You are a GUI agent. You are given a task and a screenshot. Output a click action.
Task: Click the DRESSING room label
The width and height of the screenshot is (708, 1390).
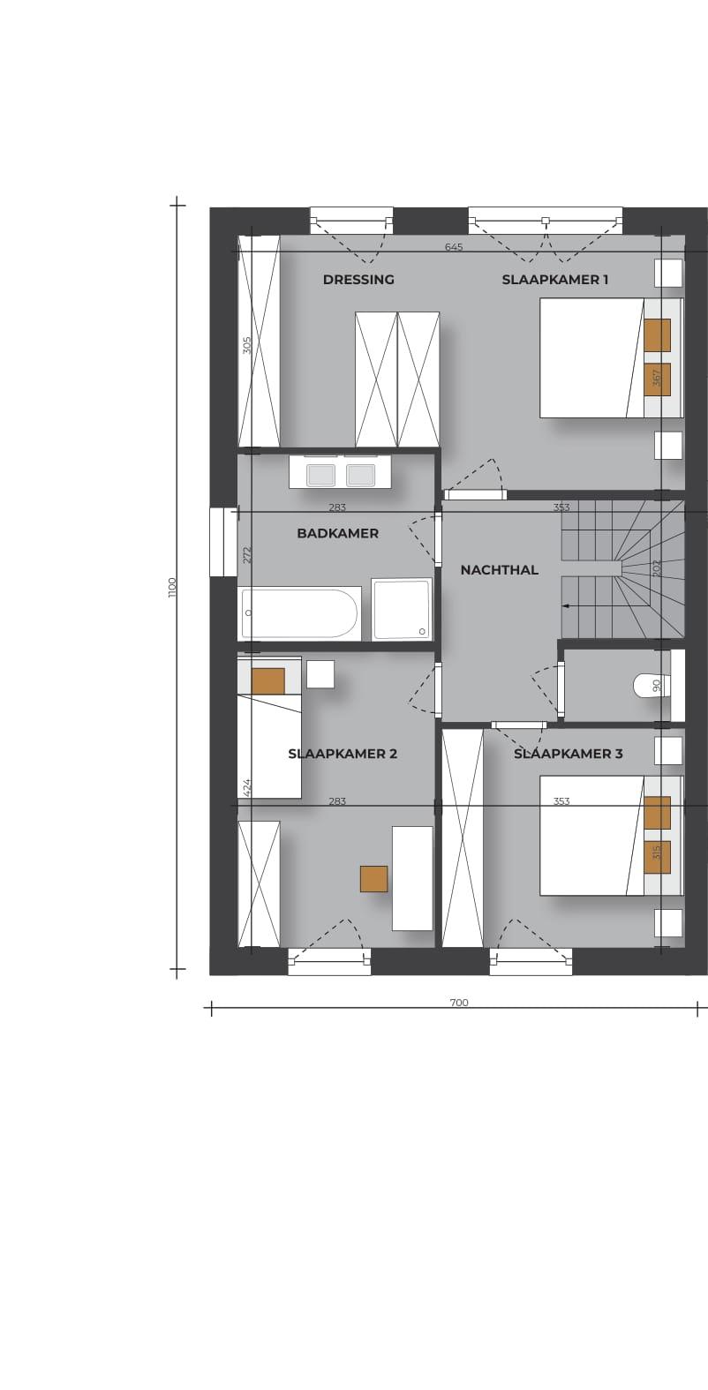click(358, 279)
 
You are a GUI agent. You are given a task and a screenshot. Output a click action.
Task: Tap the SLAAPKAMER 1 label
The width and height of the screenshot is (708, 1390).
click(554, 279)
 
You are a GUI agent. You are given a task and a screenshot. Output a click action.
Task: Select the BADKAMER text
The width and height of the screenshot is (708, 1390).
click(337, 533)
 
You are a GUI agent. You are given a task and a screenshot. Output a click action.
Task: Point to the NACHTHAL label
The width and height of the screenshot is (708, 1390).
click(500, 569)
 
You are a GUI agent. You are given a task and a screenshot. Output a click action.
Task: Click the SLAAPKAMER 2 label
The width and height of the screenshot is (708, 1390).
click(343, 754)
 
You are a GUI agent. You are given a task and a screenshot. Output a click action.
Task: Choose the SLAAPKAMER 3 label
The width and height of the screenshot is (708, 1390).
click(569, 754)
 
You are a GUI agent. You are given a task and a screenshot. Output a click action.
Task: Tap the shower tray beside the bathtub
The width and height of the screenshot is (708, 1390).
click(402, 609)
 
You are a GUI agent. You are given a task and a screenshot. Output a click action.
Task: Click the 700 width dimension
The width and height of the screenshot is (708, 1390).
click(458, 1003)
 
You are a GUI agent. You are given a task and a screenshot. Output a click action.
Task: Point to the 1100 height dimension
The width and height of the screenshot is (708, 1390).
click(172, 588)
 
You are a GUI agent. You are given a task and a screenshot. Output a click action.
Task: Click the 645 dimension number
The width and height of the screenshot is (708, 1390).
click(454, 247)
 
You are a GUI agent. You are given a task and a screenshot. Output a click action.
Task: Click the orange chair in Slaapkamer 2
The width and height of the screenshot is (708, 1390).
click(374, 879)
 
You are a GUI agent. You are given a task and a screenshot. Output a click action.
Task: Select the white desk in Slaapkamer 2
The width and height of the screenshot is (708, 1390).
click(412, 878)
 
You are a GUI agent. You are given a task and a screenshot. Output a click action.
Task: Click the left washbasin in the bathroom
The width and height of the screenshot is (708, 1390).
click(321, 476)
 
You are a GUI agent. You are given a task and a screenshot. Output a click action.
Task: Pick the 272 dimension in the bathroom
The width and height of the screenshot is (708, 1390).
click(247, 555)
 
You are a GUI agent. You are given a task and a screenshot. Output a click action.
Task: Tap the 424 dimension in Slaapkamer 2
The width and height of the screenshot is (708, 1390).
click(247, 787)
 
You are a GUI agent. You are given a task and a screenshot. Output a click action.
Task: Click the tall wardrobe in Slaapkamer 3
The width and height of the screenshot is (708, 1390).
click(463, 838)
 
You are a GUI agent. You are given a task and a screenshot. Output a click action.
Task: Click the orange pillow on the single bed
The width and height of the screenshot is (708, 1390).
click(268, 681)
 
